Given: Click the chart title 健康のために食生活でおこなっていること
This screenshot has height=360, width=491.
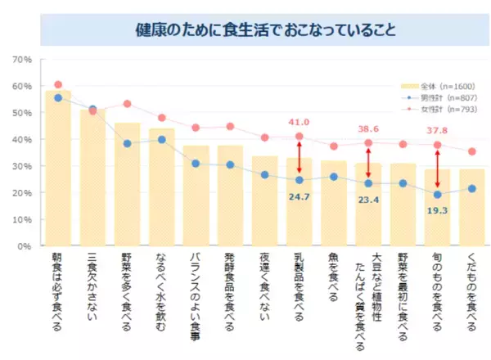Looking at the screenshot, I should point(266,31).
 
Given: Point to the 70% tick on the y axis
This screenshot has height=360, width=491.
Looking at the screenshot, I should point(21,60).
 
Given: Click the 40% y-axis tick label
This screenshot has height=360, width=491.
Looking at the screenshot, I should point(21,139).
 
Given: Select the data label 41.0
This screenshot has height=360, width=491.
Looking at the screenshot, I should point(300,123).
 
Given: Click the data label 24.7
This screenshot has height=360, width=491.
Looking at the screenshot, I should point(300,196).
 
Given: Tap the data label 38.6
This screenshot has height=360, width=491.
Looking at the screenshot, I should point(369,128).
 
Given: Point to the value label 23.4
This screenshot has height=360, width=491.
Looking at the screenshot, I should point(369,197).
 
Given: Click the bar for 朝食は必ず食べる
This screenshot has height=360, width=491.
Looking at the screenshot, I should point(58,172).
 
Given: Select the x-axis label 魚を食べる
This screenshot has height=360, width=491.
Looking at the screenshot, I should point(334,278).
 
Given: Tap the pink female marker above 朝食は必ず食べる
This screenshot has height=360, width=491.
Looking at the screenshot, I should point(58,84).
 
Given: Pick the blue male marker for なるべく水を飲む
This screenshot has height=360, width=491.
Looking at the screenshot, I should point(162,140).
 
